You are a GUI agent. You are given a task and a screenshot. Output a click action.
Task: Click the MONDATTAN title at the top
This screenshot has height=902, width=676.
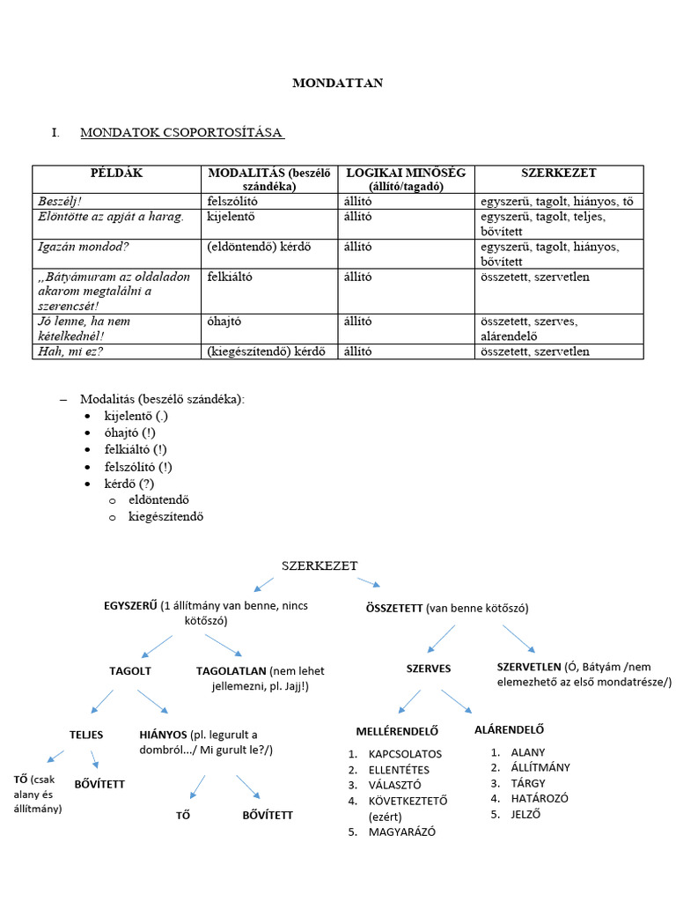[337, 84]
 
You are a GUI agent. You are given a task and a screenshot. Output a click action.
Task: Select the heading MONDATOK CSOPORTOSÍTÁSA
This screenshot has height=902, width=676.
[181, 133]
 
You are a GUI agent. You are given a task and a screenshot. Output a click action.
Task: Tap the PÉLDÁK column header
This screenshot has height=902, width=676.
[116, 174]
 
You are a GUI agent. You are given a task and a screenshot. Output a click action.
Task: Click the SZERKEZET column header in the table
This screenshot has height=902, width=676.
[558, 174]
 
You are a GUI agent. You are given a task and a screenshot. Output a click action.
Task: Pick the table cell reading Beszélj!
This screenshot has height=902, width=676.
[59, 202]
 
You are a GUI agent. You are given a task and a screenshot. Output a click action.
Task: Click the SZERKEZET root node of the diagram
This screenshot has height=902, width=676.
[320, 566]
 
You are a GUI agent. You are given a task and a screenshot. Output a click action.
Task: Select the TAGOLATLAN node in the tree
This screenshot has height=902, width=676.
[231, 671]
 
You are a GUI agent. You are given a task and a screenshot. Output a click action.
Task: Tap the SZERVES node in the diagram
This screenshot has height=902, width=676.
[429, 669]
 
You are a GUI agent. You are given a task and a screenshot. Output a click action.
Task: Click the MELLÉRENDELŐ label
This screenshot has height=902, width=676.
[397, 731]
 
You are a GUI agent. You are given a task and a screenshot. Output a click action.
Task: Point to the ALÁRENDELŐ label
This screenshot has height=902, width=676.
[509, 729]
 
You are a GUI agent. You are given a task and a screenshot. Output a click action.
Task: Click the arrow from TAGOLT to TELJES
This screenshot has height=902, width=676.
[102, 701]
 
